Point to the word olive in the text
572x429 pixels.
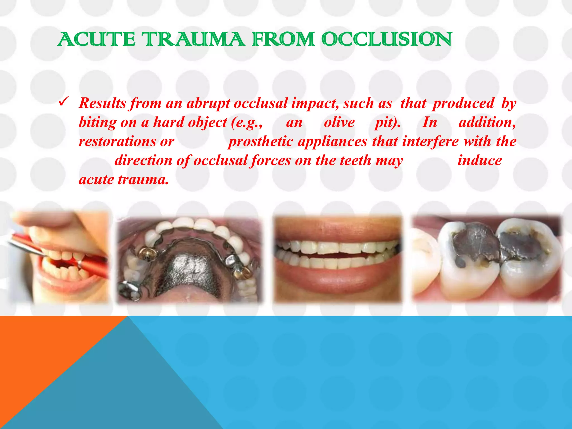pos(339,122)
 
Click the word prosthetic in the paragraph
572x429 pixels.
pos(260,141)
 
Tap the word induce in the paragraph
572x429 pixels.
pos(479,161)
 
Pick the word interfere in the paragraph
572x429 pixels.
pos(430,141)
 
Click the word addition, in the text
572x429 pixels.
pos(487,122)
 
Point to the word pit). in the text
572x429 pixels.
pos(387,122)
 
